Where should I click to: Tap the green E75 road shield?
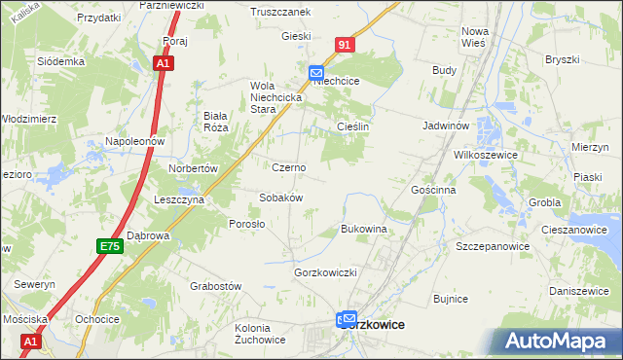coord(109,248)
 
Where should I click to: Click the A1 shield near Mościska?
coord(31,342)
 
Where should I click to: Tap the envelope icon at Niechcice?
coord(316,72)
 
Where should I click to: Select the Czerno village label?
coord(288,167)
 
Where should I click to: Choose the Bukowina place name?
coord(364,229)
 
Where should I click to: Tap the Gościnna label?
coord(433,190)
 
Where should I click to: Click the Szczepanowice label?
coord(493,246)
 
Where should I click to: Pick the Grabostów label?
coord(215,286)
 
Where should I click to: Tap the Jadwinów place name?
coord(447,126)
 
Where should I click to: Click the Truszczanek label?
coord(279,12)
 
